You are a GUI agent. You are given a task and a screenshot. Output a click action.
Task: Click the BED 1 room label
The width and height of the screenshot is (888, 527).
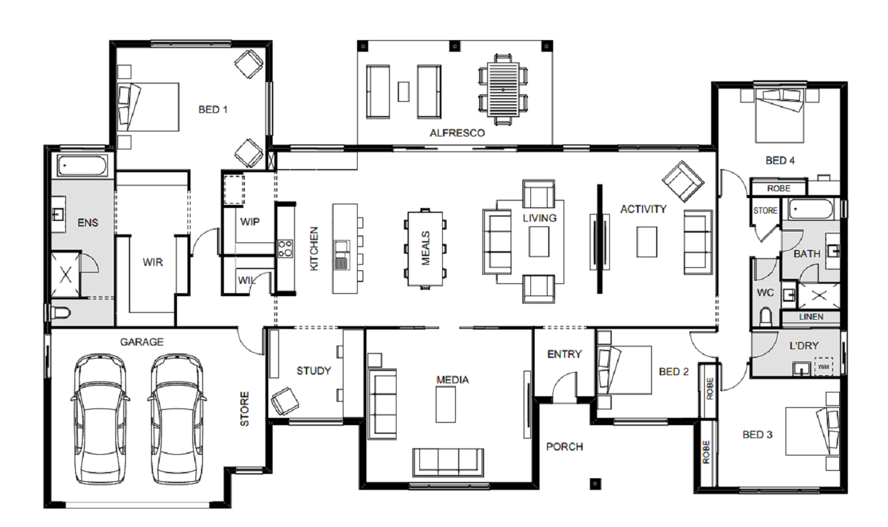(x=213, y=109)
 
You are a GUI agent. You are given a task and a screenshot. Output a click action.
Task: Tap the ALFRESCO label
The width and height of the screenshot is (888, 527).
(x=457, y=133)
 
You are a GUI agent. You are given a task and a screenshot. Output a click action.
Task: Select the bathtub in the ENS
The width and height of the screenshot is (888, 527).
(x=82, y=166)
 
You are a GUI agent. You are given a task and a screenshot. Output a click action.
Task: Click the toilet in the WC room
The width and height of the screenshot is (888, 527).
(x=765, y=317)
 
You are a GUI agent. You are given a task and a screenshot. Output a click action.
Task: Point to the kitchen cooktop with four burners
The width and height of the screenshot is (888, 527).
(x=285, y=249)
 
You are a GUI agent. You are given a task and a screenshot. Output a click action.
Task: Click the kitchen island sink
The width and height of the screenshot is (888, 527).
(x=342, y=255)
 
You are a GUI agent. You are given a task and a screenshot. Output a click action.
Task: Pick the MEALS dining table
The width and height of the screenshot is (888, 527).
(x=425, y=249)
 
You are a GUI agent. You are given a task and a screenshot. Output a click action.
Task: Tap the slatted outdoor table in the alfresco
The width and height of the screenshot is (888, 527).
(x=503, y=89)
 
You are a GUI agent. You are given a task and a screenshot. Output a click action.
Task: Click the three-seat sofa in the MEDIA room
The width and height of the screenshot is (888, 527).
(x=448, y=462)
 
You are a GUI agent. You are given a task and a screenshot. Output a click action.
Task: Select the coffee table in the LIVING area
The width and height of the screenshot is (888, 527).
(x=539, y=242)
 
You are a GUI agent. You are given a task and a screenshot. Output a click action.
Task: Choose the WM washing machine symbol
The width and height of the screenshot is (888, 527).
(x=824, y=367)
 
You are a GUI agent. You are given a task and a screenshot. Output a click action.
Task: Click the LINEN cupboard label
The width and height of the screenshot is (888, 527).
(x=811, y=317)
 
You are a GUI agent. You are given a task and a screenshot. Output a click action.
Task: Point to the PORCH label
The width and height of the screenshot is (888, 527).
(x=564, y=447)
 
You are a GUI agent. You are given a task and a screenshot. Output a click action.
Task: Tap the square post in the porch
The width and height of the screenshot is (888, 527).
(x=596, y=483)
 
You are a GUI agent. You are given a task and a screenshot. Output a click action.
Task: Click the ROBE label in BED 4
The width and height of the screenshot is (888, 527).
(x=779, y=188)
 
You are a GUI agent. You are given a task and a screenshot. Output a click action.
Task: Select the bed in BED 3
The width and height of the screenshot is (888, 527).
(x=812, y=431)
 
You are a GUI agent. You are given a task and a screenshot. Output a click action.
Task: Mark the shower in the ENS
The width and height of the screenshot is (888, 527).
(x=66, y=274)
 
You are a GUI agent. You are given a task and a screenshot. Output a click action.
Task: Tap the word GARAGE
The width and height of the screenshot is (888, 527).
(x=142, y=342)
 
